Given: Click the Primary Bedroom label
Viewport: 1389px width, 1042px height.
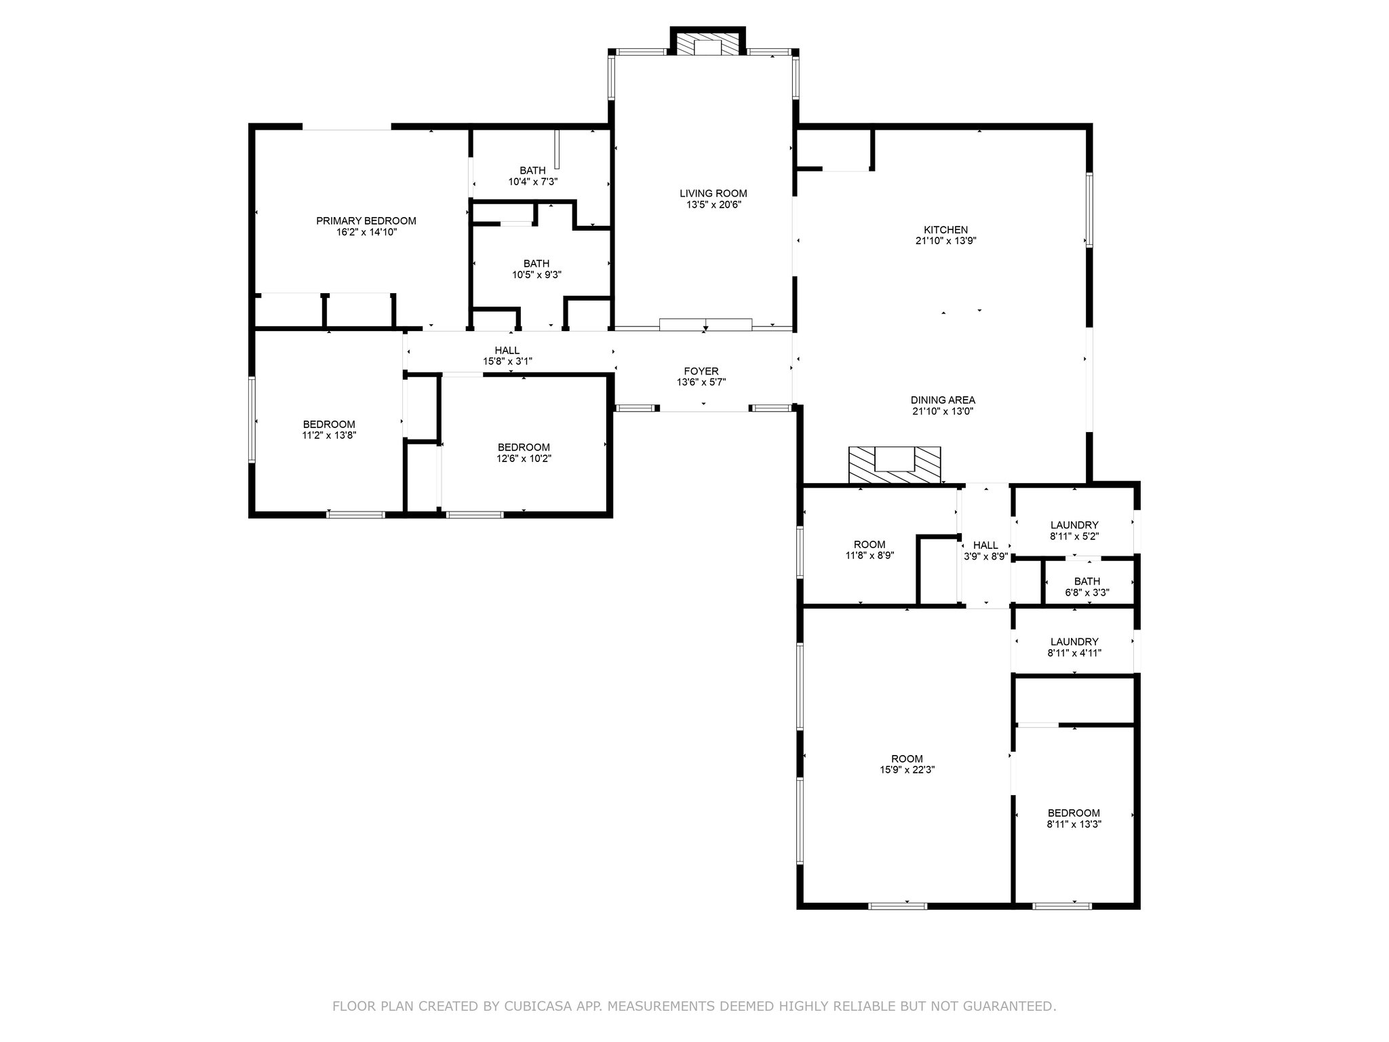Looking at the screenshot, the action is [x=366, y=220].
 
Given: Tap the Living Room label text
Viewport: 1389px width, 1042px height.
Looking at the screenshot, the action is [x=713, y=193].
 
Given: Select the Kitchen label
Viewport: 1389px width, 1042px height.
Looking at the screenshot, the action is [x=945, y=230].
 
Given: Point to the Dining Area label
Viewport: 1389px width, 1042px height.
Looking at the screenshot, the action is [x=943, y=400].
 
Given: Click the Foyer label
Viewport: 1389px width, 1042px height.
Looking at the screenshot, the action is [x=701, y=371].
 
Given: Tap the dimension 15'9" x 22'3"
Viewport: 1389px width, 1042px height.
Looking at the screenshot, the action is [x=907, y=770].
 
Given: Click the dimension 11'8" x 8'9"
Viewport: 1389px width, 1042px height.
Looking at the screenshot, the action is [x=869, y=556].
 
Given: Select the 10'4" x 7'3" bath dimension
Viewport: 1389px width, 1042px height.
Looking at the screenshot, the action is [x=533, y=182].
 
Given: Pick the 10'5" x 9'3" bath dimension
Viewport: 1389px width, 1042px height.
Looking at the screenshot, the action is [x=536, y=275].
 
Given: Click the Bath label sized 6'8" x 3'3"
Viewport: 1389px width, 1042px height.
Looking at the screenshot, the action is [x=1087, y=581].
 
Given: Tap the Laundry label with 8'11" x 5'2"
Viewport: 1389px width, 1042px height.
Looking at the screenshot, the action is [x=1074, y=525].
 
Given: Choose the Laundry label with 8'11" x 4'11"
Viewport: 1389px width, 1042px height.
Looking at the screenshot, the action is [x=1074, y=642].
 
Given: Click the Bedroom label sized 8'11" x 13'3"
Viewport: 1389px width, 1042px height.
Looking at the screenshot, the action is [x=1074, y=813].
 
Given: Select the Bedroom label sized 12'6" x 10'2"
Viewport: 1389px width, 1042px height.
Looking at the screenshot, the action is [x=524, y=448].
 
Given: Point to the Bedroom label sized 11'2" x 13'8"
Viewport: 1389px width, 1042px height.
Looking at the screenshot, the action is [x=329, y=425].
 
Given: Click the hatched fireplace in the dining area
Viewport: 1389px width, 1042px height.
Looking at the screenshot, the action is [x=895, y=465].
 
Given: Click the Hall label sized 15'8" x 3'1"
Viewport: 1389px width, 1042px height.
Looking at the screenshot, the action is [x=507, y=351].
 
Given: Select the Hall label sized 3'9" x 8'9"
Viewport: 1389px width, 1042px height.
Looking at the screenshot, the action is [x=985, y=545].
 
